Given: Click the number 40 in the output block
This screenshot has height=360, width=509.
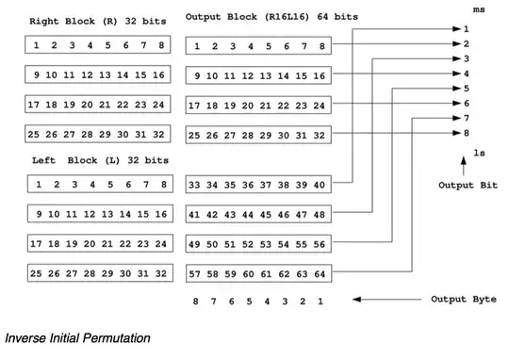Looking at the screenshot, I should [x=320, y=185].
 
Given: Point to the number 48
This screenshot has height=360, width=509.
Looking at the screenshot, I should [x=320, y=215].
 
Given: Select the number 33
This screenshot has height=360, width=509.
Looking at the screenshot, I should [x=196, y=185].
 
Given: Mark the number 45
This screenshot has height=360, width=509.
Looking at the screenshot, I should [x=267, y=215].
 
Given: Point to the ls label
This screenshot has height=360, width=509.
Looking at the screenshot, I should [x=479, y=152].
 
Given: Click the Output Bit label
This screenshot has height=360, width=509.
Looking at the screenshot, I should [x=468, y=185].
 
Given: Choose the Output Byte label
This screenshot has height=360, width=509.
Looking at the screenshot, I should [x=462, y=300].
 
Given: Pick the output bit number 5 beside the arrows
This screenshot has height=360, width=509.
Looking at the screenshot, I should [x=466, y=89].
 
